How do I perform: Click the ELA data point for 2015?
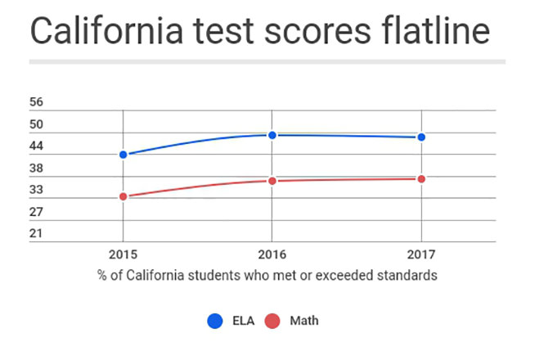123,155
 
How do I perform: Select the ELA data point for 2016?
272,135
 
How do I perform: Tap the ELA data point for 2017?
420,137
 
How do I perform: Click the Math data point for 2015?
123,196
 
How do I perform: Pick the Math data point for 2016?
272,180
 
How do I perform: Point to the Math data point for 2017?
420,178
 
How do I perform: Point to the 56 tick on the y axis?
36,103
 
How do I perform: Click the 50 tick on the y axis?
36,125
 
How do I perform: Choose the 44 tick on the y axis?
36,147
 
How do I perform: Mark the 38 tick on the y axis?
36,169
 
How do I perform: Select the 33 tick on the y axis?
36,191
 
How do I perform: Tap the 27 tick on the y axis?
36,213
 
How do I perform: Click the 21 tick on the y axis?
36,235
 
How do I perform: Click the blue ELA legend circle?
215,321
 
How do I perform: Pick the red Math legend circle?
276,321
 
